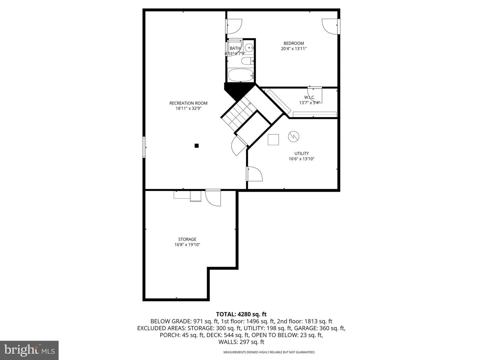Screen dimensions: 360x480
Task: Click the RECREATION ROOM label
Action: [x=188, y=103]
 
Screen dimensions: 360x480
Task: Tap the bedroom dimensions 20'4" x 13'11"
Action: [x=294, y=49]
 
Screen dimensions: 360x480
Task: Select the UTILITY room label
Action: [x=301, y=154]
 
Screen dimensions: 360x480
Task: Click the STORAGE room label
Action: [x=187, y=239]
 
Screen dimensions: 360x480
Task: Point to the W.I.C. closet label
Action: [x=309, y=97]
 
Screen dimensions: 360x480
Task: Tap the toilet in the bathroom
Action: [x=247, y=61]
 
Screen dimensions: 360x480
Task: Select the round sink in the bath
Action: [x=249, y=48]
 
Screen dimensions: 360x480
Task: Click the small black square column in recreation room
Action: [x=197, y=146]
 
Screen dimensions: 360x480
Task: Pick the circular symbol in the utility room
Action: [x=294, y=136]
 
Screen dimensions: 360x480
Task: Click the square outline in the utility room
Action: [x=273, y=140]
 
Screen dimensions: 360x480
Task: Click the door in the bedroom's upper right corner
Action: [x=330, y=26]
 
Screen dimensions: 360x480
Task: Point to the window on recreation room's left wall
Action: [x=144, y=147]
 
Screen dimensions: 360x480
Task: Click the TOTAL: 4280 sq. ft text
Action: [x=241, y=314]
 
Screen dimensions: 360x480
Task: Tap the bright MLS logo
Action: [x=29, y=350]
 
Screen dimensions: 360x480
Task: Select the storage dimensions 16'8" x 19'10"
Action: [x=187, y=245]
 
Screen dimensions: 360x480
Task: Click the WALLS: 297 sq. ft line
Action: [x=241, y=342]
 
